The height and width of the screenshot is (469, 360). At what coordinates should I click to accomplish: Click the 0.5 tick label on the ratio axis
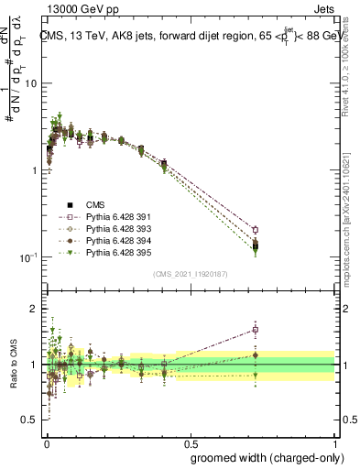click(x=29, y=420)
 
